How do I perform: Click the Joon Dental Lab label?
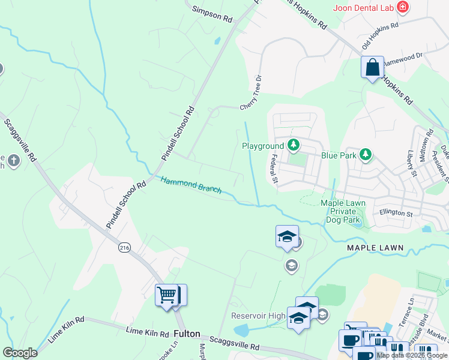[364, 8]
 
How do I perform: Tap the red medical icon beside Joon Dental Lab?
[403, 8]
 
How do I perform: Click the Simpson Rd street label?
[212, 14]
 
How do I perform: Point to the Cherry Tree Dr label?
[252, 93]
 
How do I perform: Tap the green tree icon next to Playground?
[294, 145]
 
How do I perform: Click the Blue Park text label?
[339, 155]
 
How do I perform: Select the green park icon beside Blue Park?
[366, 155]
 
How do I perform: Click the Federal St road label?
[275, 169]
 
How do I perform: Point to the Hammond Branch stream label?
[191, 184]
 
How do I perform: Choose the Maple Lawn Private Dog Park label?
[343, 211]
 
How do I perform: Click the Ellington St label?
[396, 213]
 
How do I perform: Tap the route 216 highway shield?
[124, 247]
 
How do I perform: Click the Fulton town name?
[186, 333]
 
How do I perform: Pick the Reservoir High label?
[259, 316]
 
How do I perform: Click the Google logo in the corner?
[20, 352]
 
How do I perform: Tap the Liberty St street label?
[412, 164]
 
